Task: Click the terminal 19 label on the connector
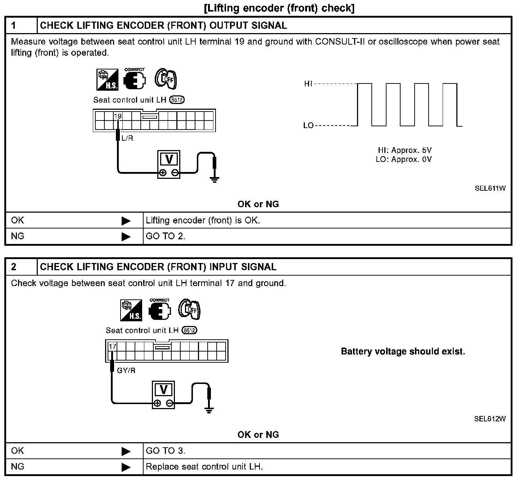[118, 116]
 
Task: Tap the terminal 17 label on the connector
[113, 347]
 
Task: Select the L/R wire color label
[127, 138]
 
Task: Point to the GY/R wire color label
[126, 370]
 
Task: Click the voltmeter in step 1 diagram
[168, 164]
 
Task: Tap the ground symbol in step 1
[214, 179]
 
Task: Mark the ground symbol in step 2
[209, 409]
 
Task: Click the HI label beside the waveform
[308, 84]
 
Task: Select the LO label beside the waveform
[308, 126]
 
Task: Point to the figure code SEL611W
[490, 188]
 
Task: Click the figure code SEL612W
[490, 419]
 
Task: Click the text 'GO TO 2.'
[166, 236]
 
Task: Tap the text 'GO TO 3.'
[166, 451]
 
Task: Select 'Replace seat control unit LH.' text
[204, 467]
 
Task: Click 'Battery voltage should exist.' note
[403, 352]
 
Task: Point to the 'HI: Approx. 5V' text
[405, 150]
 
